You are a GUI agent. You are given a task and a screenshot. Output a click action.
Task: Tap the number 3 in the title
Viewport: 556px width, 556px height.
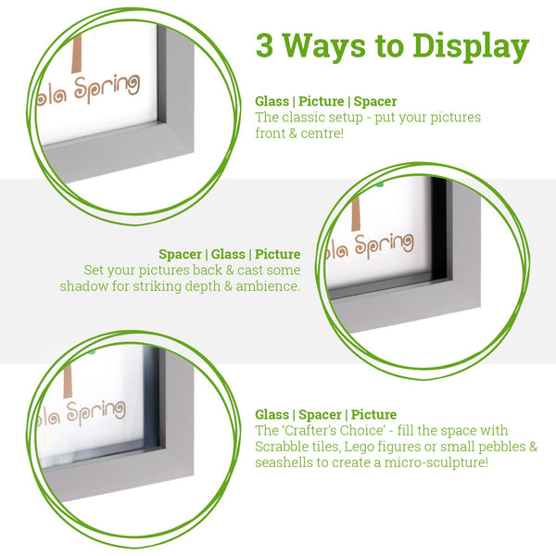point(266,45)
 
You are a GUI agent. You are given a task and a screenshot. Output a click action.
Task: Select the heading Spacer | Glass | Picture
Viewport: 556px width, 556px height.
point(229,254)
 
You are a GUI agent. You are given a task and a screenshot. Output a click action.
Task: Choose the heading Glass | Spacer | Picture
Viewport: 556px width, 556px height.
point(325,414)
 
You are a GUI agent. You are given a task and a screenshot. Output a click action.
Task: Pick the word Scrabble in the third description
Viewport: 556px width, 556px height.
point(284,446)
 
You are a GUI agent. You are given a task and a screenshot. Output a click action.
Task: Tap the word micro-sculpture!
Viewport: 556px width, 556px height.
point(436,461)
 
